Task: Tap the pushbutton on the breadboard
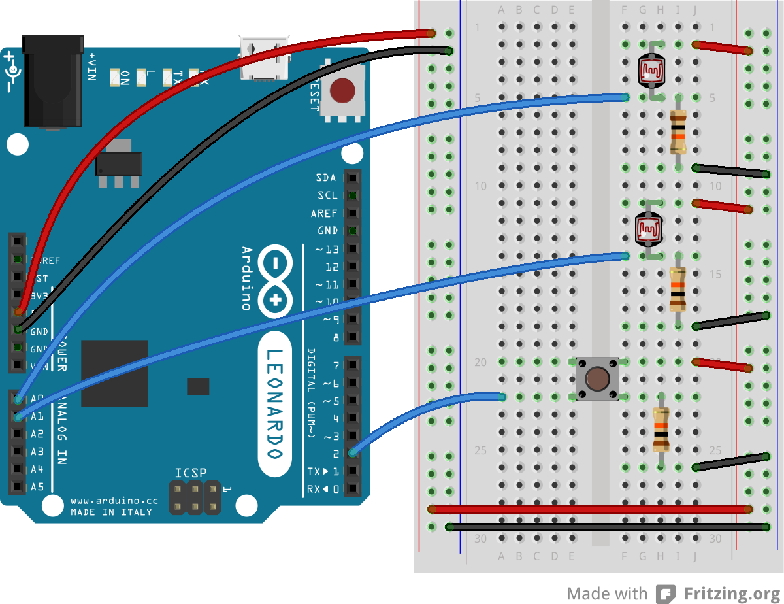pos(597,379)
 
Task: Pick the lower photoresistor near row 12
pos(649,228)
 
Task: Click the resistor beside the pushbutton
pos(661,429)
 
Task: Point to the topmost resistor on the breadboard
pos(678,132)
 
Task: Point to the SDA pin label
pos(325,178)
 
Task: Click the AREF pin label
pos(324,213)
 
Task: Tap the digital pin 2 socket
pos(353,453)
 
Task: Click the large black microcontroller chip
pos(114,373)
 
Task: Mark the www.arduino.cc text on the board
pos(114,501)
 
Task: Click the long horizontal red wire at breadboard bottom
pos(588,509)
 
